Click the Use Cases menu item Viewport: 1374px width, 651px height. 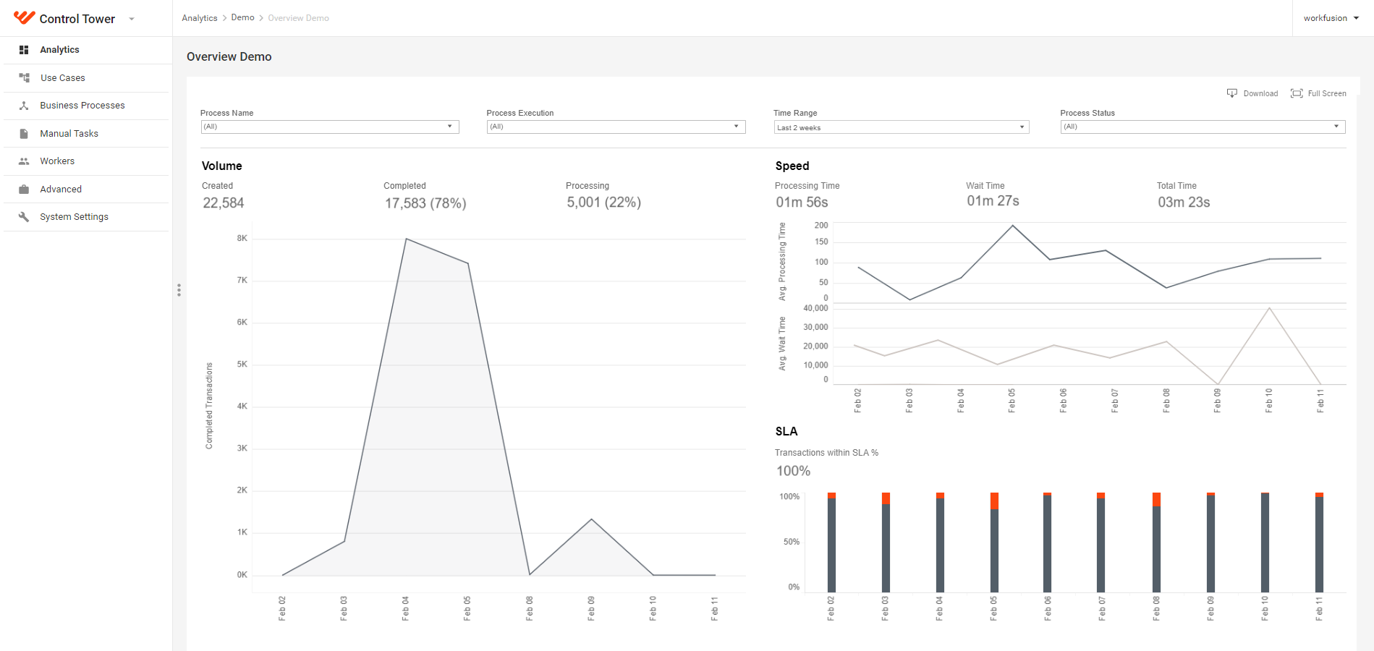(62, 78)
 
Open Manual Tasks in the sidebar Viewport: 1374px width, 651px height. (69, 134)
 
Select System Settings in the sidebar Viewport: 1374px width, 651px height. (74, 217)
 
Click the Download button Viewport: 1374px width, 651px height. (1252, 93)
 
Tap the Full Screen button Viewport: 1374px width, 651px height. (1318, 93)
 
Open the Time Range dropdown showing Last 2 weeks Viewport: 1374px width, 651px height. (901, 127)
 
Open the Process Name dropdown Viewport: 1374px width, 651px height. (330, 127)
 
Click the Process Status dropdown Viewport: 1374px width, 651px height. (1203, 127)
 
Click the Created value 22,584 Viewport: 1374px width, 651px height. (224, 203)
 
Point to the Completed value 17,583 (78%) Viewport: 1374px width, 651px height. (425, 203)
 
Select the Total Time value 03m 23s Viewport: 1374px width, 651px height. (1184, 203)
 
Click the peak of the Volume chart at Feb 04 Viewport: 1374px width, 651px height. (406, 239)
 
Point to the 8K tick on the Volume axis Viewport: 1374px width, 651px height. (242, 238)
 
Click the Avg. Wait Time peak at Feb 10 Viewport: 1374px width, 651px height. (1269, 309)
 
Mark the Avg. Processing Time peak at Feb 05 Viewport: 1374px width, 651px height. (1013, 226)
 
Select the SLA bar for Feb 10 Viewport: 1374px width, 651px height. (1265, 542)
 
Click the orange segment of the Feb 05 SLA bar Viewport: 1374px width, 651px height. (994, 501)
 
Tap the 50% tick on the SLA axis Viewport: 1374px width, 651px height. (791, 542)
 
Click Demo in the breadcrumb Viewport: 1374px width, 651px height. (242, 17)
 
